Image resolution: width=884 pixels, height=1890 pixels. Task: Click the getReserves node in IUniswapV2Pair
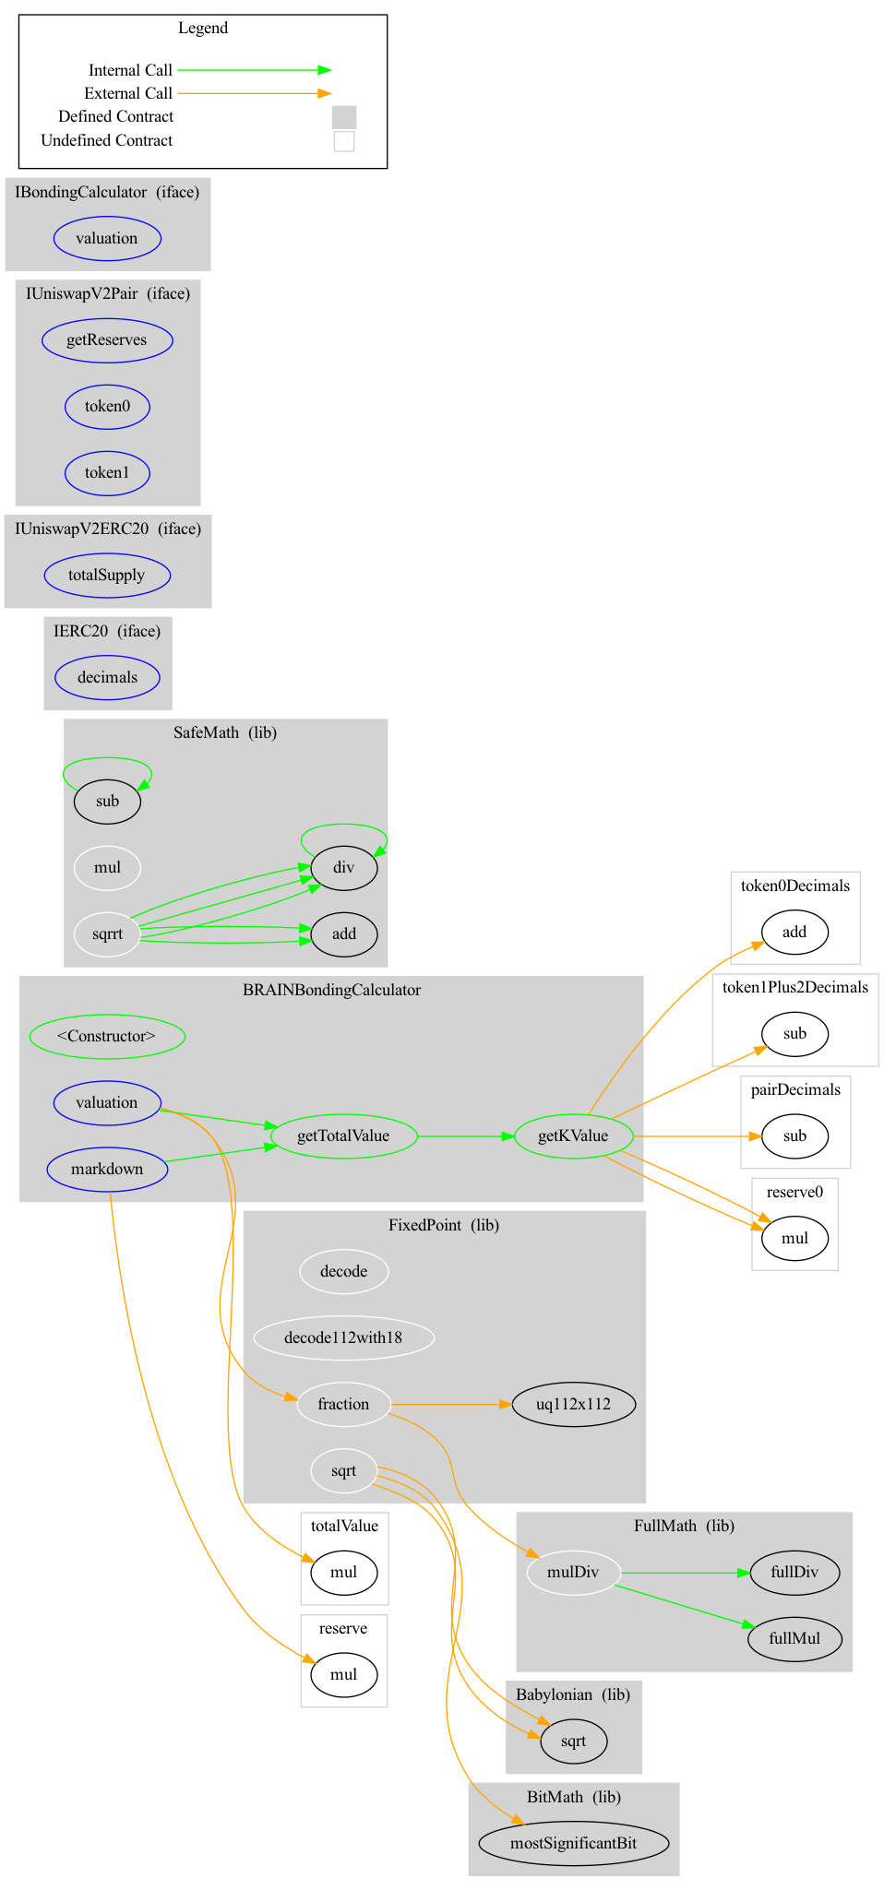(x=107, y=339)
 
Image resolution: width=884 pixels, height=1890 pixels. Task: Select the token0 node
(x=107, y=406)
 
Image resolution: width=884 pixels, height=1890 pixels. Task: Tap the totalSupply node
(x=107, y=575)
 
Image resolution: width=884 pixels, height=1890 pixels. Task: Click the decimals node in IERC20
(x=107, y=677)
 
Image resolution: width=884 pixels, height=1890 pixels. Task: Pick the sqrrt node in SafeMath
(x=107, y=933)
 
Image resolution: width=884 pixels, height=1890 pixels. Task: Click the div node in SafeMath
(x=343, y=867)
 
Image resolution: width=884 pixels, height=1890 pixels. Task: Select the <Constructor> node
(x=107, y=1036)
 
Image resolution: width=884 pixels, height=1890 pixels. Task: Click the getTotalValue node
(x=343, y=1135)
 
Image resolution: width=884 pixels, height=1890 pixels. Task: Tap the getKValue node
(x=573, y=1135)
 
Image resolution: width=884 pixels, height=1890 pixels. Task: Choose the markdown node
(x=107, y=1169)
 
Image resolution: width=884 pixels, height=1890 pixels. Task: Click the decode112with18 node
(x=343, y=1337)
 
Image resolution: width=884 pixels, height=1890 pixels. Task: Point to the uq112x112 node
(x=573, y=1404)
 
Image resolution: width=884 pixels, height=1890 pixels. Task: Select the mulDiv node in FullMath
(x=573, y=1572)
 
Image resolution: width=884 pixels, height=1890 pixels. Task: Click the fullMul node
(x=794, y=1638)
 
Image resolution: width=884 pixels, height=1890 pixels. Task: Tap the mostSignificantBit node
(x=573, y=1843)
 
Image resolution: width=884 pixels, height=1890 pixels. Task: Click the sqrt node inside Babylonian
(x=573, y=1741)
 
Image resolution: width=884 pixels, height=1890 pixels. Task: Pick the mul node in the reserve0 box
(x=794, y=1238)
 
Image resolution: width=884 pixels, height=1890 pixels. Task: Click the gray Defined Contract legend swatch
(x=343, y=117)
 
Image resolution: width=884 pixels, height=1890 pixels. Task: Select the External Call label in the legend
(x=128, y=93)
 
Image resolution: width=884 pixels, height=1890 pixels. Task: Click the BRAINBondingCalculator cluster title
(x=331, y=990)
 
